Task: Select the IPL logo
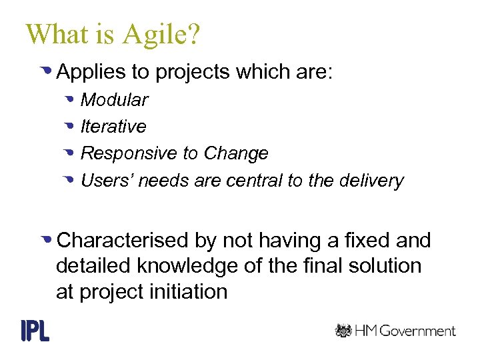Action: tap(35, 331)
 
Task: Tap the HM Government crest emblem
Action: tap(343, 331)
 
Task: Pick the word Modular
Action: tap(114, 100)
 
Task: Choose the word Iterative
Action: tap(113, 127)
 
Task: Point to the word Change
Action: tap(236, 153)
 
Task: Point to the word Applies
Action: tap(85, 72)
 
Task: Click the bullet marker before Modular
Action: tap(69, 100)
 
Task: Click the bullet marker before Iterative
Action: tap(69, 127)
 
